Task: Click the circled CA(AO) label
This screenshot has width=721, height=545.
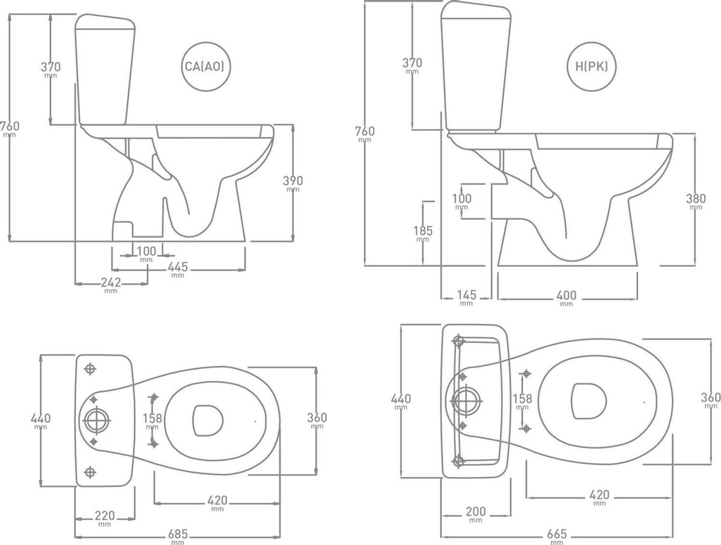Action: [x=205, y=67]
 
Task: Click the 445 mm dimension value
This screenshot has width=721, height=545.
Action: [x=177, y=267]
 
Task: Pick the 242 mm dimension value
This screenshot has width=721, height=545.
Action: [x=111, y=282]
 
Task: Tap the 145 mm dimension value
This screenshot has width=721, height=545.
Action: [x=466, y=295]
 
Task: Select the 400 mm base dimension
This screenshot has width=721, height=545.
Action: [x=566, y=295]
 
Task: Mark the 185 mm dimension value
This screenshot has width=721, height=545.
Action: [x=423, y=231]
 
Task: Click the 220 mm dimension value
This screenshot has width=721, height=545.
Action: [x=105, y=515]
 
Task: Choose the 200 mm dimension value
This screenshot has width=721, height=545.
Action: [x=475, y=511]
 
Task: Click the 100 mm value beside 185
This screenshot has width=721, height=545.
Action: [x=461, y=198]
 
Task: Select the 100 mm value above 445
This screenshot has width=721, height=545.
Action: [x=145, y=251]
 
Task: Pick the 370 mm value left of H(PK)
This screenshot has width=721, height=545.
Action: [x=412, y=62]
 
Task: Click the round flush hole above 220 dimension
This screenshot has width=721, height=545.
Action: [x=94, y=420]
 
